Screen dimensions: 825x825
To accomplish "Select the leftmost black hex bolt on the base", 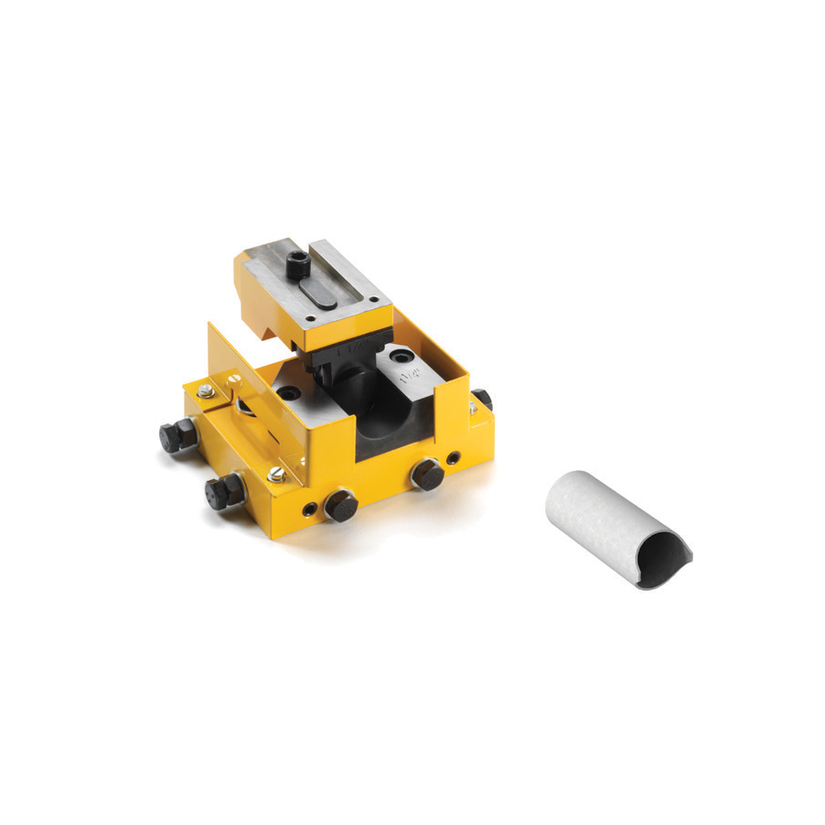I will (x=175, y=435).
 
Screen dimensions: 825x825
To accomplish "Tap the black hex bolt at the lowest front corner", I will (x=341, y=504).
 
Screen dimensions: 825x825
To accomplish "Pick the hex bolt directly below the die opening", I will (x=425, y=474).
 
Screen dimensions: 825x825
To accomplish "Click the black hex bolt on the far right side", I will (x=482, y=400).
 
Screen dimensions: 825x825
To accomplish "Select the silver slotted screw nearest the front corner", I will (x=276, y=473).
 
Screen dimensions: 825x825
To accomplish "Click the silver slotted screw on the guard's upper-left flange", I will (x=235, y=375).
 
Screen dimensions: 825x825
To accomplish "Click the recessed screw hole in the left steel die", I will (x=291, y=391).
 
